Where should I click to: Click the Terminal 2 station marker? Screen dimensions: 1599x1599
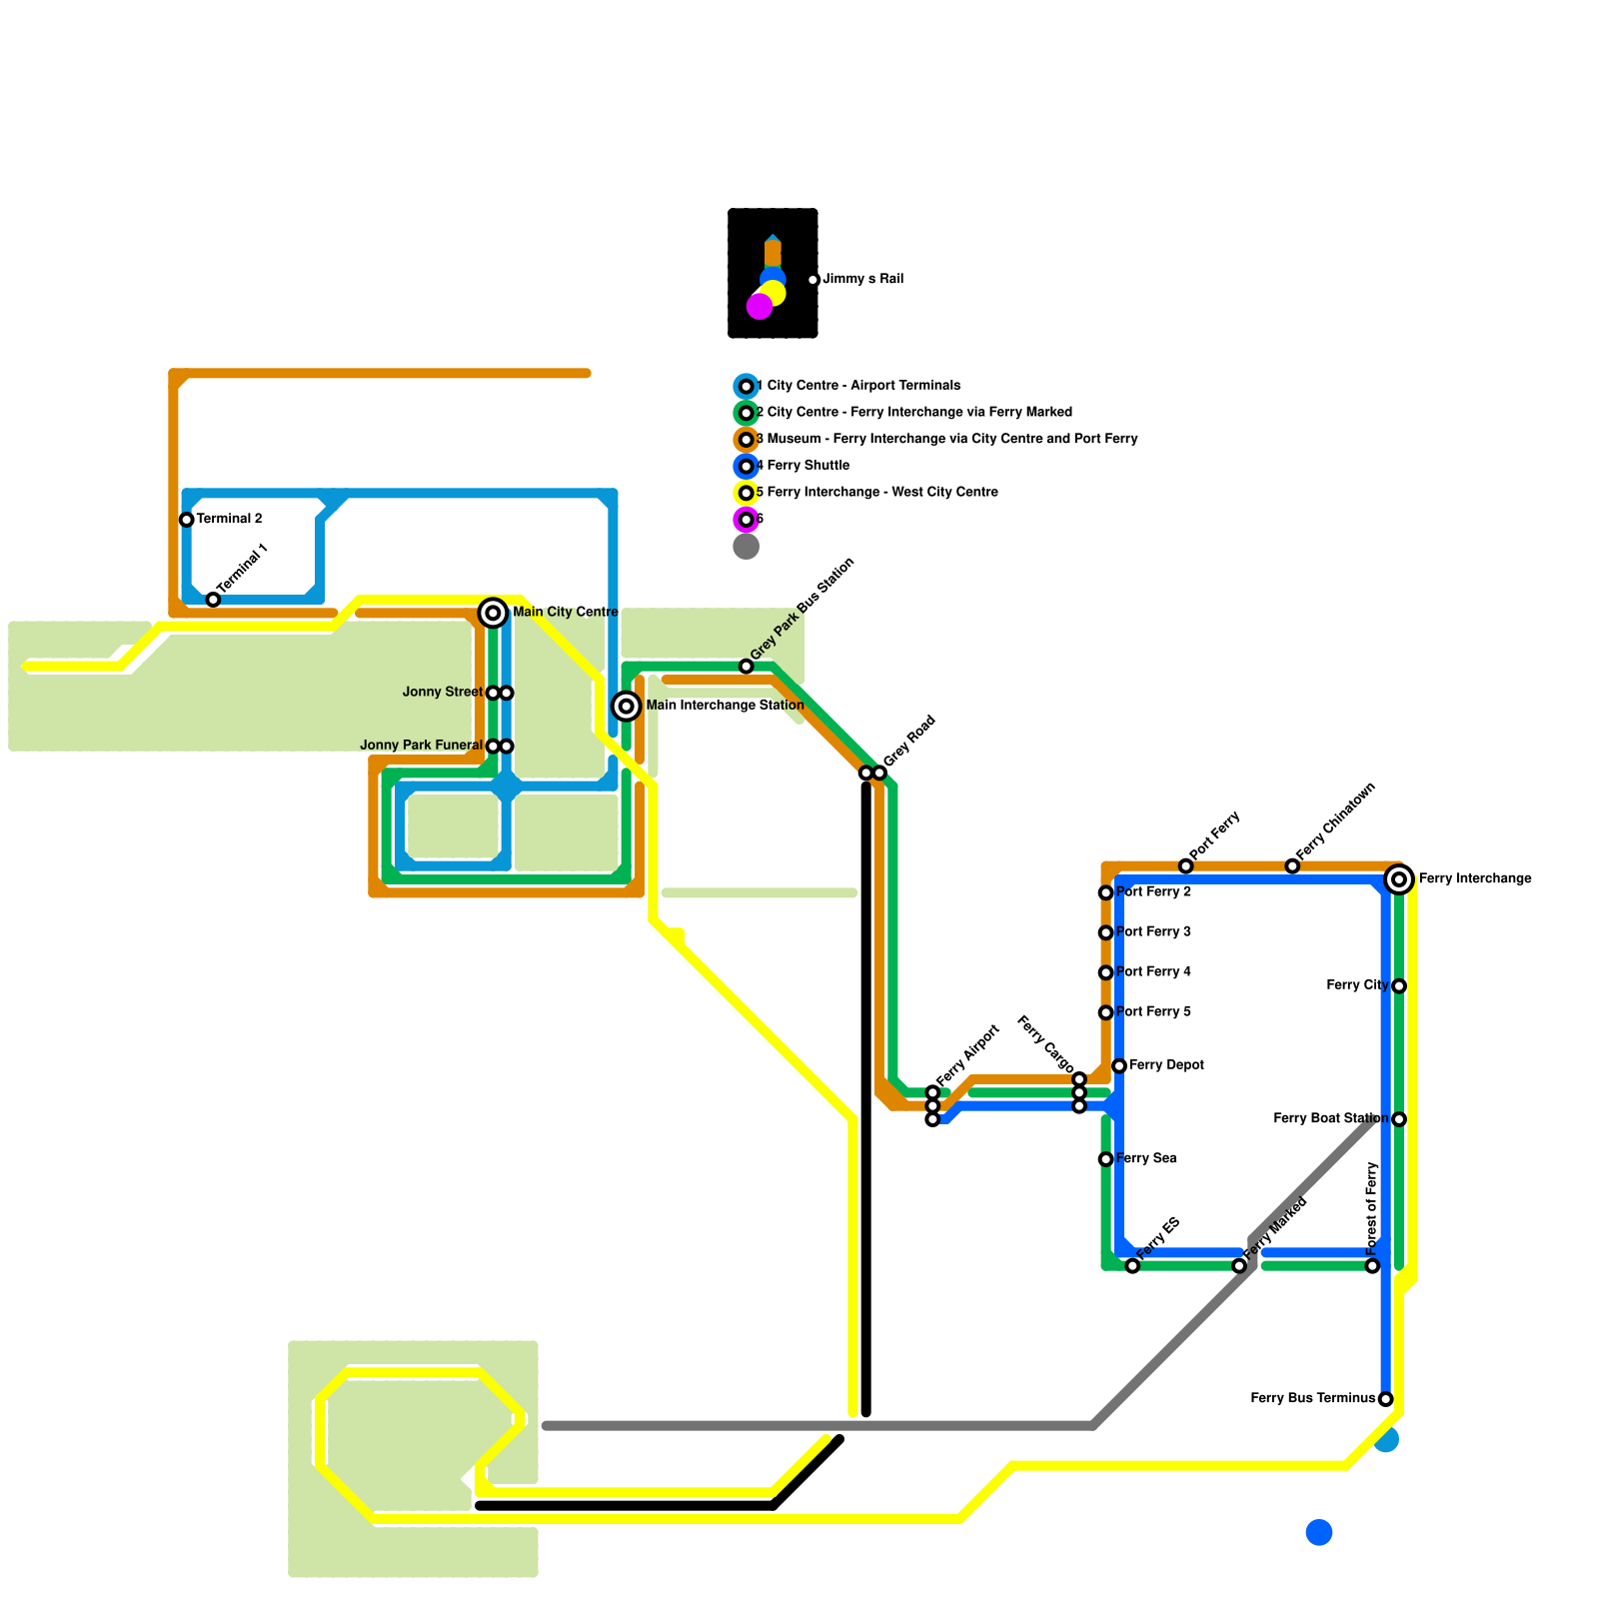pyautogui.click(x=186, y=520)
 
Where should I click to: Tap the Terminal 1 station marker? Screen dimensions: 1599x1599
pyautogui.click(x=213, y=600)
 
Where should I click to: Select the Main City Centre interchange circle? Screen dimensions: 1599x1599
pyautogui.click(x=493, y=613)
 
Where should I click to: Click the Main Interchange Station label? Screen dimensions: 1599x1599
pyautogui.click(x=725, y=706)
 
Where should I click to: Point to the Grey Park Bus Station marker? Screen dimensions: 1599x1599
pyautogui.click(x=747, y=667)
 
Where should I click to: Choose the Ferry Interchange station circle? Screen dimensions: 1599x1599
pyautogui.click(x=1399, y=879)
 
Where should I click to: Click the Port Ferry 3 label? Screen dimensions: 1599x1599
pyautogui.click(x=1153, y=932)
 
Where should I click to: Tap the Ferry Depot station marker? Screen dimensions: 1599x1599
pyautogui.click(x=1119, y=1066)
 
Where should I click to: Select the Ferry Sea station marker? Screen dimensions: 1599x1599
pyautogui.click(x=1105, y=1159)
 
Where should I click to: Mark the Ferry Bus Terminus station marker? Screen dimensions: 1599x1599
pyautogui.click(x=1385, y=1399)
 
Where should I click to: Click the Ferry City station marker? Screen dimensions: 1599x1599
pyautogui.click(x=1399, y=986)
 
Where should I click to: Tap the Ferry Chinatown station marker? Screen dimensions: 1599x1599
pyautogui.click(x=1292, y=866)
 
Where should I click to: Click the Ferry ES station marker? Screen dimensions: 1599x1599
pyautogui.click(x=1132, y=1266)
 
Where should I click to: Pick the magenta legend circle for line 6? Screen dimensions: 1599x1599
pyautogui.click(x=747, y=520)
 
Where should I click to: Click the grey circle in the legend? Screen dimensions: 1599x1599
pyautogui.click(x=747, y=547)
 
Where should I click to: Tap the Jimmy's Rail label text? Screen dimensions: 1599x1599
pyautogui.click(x=862, y=280)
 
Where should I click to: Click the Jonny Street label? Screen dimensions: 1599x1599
pyautogui.click(x=442, y=693)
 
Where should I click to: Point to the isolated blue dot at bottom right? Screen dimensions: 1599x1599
pyautogui.click(x=1319, y=1532)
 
